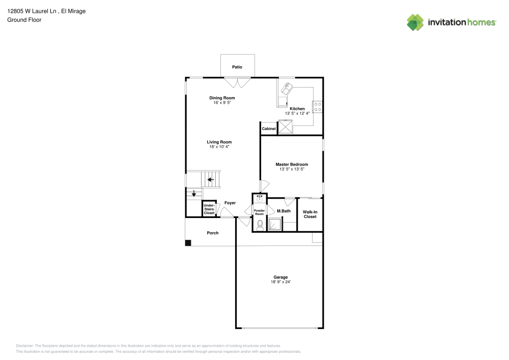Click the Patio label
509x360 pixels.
coord(237,67)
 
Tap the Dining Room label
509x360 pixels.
coord(222,98)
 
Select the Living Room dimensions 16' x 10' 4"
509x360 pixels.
coord(219,147)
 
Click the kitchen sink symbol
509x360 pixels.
coord(287,90)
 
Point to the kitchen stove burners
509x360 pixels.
coord(318,106)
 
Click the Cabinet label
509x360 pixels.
coord(269,129)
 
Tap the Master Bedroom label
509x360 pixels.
coord(292,164)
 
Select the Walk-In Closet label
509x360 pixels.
coord(310,214)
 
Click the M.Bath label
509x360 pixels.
coord(284,211)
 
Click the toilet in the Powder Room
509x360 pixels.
coord(260,225)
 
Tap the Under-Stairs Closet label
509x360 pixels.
coord(209,209)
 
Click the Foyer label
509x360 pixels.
coord(230,203)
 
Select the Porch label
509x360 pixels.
coord(212,233)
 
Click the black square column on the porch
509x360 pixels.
coord(188,243)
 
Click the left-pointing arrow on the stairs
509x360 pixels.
coord(210,179)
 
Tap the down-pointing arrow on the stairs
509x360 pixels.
coord(193,193)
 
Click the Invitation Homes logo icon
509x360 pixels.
coord(415,22)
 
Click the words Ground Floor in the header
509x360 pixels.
coord(24,20)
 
